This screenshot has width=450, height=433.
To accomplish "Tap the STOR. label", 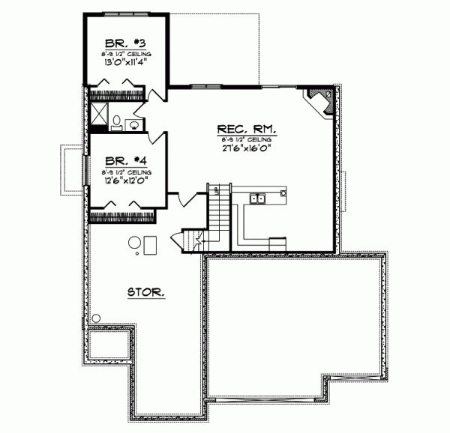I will (x=146, y=291).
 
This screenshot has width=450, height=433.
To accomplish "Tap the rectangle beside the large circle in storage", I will (x=151, y=245).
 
